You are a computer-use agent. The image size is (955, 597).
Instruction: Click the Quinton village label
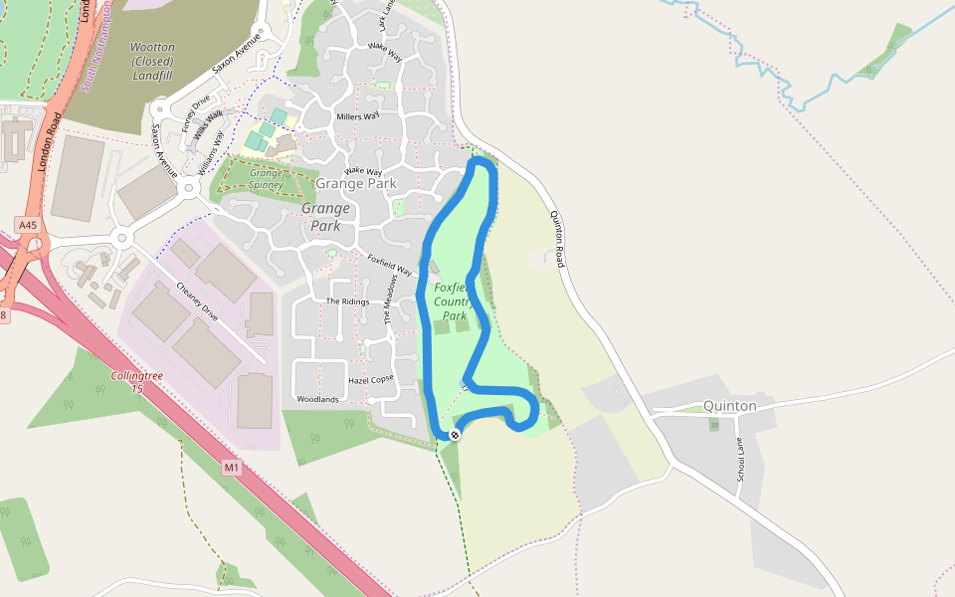point(729,406)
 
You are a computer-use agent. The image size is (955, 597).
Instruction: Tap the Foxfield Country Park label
point(454,302)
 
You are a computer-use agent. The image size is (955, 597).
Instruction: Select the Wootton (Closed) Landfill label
point(152,61)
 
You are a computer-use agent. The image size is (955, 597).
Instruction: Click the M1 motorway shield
point(232,468)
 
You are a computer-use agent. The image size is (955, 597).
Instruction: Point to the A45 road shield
point(27,226)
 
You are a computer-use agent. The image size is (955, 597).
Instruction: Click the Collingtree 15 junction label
point(137,382)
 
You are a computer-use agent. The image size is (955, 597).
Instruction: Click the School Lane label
point(740,461)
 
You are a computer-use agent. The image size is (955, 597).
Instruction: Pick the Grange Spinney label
point(266,179)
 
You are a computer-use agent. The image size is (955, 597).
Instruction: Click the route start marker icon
point(455,434)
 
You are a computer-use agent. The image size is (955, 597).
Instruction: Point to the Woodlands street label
point(317,399)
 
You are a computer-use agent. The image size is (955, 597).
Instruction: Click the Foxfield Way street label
point(389,265)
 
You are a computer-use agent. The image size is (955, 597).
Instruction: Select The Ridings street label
point(347,301)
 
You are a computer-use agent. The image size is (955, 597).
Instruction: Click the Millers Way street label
point(358,116)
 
